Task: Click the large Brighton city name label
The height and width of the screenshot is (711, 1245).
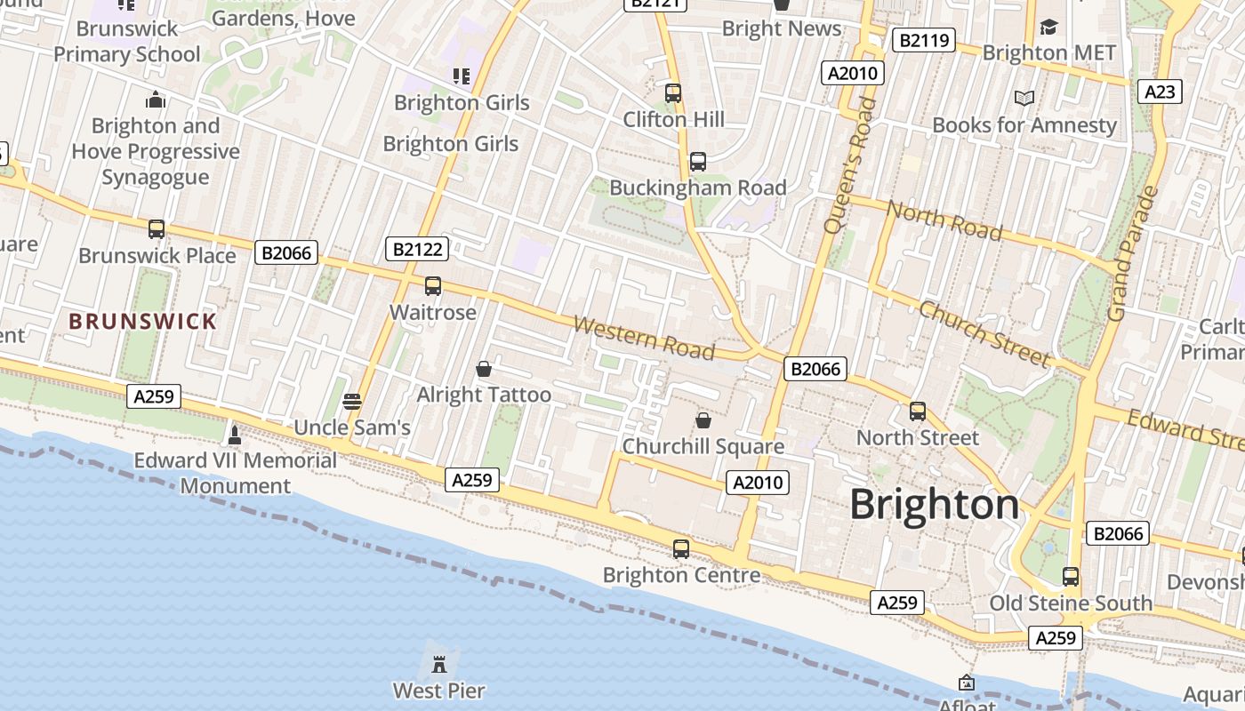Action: pyautogui.click(x=935, y=505)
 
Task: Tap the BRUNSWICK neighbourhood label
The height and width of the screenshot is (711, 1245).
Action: pyautogui.click(x=142, y=322)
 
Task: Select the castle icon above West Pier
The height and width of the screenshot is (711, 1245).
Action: pyautogui.click(x=439, y=663)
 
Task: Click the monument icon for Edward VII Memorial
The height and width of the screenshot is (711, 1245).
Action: pyautogui.click(x=235, y=435)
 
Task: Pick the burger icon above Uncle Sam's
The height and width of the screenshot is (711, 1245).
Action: pyautogui.click(x=352, y=402)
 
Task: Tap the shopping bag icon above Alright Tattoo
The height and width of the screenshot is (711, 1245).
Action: pyautogui.click(x=484, y=369)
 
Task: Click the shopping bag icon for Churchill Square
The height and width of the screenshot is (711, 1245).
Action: pyautogui.click(x=703, y=420)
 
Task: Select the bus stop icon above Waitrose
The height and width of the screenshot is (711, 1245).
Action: pyautogui.click(x=433, y=286)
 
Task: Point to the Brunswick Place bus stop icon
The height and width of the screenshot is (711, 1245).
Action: pyautogui.click(x=157, y=229)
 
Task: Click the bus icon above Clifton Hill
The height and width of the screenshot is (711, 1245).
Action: pyautogui.click(x=673, y=93)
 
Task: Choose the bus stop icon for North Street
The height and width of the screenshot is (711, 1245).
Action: pyautogui.click(x=918, y=412)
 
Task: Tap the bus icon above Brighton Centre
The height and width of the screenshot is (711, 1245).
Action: pyautogui.click(x=681, y=549)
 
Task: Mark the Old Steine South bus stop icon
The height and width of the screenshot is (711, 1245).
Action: pyautogui.click(x=1071, y=577)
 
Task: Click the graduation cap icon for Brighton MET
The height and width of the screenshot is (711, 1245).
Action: pyautogui.click(x=1048, y=28)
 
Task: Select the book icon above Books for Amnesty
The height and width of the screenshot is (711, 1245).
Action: pyautogui.click(x=1024, y=99)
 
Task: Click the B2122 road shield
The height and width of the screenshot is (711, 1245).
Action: pyautogui.click(x=417, y=249)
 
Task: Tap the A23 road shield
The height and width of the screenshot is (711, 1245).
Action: pyautogui.click(x=1161, y=92)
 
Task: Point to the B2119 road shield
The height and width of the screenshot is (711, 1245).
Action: pyautogui.click(x=924, y=40)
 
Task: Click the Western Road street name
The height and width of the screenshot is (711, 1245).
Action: pyautogui.click(x=644, y=338)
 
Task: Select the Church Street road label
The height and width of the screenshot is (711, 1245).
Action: pyautogui.click(x=984, y=334)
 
